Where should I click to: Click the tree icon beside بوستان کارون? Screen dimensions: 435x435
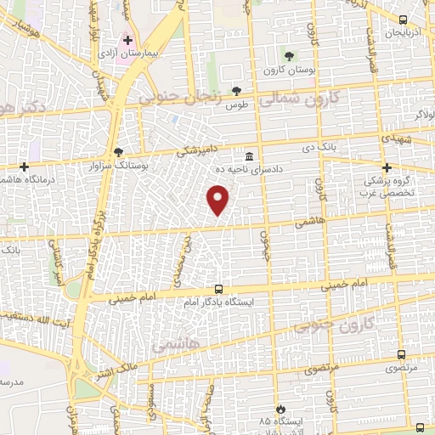coord(290,57)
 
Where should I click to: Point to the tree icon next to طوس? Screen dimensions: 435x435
coord(237,93)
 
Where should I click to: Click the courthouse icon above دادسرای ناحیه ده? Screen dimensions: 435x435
coord(249,156)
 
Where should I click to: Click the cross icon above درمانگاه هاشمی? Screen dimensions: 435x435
coord(25,167)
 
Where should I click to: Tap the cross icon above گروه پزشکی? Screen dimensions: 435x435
coord(387,167)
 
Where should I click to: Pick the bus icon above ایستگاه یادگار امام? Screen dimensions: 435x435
coord(218,289)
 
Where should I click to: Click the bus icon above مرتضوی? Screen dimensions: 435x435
coord(401,355)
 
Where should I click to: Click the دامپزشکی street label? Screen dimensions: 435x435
coord(197,150)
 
